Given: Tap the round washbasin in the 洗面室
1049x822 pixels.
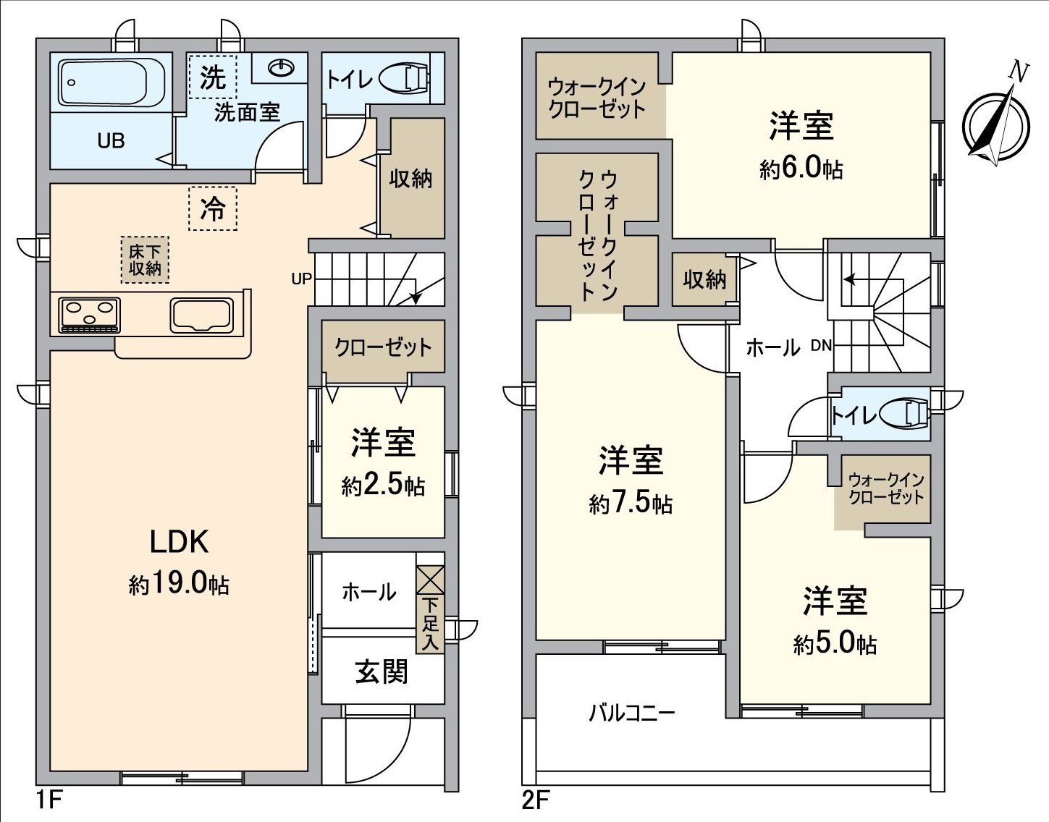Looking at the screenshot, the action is tap(280, 67).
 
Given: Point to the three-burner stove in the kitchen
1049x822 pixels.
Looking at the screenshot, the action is tap(89, 315).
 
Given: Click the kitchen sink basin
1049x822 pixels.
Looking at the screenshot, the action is tap(202, 315).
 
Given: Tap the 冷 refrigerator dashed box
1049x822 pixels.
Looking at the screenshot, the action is tap(213, 208).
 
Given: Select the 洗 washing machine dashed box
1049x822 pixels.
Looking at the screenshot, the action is tap(213, 77).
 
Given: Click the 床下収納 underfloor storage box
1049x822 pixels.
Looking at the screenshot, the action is tap(145, 260).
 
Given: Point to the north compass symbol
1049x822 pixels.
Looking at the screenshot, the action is tap(996, 123).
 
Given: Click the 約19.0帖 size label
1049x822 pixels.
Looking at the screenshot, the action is tap(179, 584).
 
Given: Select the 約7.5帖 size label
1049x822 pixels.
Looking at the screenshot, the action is tap(631, 504).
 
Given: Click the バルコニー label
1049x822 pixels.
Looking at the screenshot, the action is tap(631, 713).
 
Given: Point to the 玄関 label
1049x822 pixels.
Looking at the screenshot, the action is tap(382, 671).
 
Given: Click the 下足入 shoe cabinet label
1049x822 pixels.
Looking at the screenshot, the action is tap(430, 624).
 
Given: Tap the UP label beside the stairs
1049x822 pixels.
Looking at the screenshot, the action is tap(302, 279).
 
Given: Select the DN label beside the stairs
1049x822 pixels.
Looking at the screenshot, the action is tap(821, 345).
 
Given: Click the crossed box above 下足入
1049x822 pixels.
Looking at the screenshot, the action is tap(430, 580).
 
